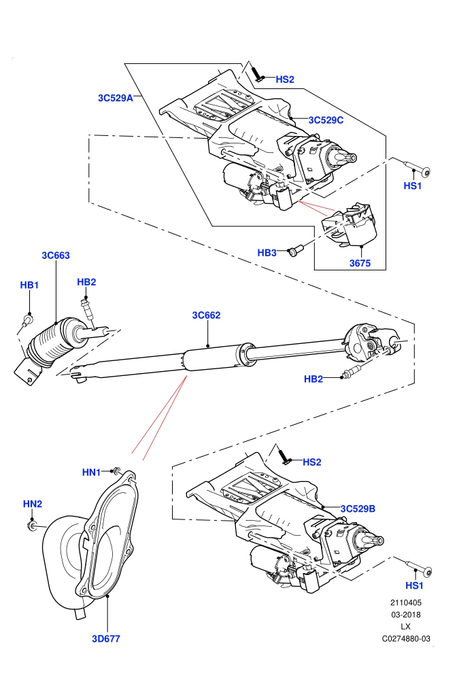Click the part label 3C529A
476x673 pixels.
click(x=116, y=98)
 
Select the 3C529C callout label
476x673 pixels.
click(x=326, y=120)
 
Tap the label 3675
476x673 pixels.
click(x=360, y=263)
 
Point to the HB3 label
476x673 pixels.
click(x=267, y=253)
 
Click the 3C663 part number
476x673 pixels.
click(x=55, y=256)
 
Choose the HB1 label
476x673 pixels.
click(x=30, y=285)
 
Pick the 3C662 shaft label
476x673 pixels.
click(x=206, y=315)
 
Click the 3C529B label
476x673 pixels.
click(x=358, y=508)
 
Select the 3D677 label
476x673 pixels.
click(x=106, y=638)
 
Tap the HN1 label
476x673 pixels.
click(x=91, y=472)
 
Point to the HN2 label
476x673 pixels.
click(x=33, y=504)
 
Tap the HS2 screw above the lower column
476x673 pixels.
click(x=284, y=455)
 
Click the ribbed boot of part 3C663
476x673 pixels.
click(x=47, y=343)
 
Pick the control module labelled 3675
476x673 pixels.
click(x=350, y=225)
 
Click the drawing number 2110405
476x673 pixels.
click(x=405, y=602)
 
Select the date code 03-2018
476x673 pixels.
click(x=405, y=615)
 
